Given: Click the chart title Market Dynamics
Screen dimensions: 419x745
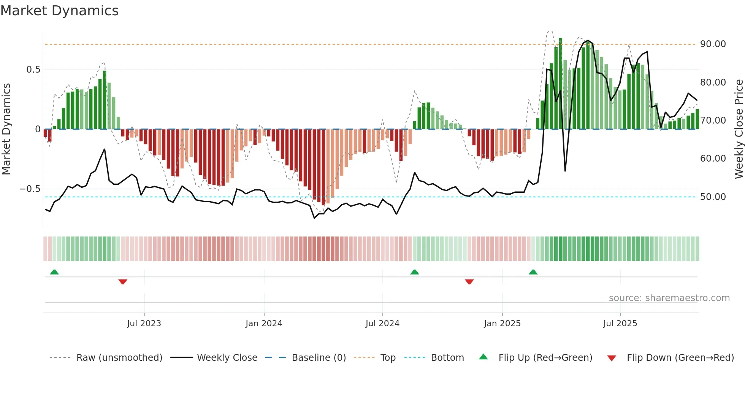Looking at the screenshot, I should pos(59,11).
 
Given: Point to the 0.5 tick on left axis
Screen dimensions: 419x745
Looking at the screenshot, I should pos(33,70).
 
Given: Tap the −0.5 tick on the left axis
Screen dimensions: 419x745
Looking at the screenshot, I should pos(30,189).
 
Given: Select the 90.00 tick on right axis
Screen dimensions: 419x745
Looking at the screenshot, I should pos(713,44).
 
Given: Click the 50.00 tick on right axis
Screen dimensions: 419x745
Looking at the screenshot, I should pos(713,197).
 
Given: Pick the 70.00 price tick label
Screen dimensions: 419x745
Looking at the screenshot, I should pos(713,121).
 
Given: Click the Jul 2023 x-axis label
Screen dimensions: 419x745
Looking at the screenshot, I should pos(144,324).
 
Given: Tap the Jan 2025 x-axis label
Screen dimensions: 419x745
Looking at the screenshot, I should pos(502,324).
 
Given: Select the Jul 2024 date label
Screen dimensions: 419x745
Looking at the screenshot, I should pos(382,324).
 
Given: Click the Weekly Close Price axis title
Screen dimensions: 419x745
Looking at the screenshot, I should pos(739,129).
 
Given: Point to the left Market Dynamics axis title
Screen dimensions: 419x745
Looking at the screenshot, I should pos(6,129).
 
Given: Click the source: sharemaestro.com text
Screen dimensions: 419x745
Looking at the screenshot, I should pos(669,298).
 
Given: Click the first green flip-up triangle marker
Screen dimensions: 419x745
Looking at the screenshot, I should pos(54,272).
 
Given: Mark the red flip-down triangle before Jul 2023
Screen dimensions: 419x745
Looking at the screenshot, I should pos(122,282).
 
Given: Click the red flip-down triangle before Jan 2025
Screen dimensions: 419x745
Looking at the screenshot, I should pos(469,282).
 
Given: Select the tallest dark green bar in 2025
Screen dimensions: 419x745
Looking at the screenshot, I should pos(560,84).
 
